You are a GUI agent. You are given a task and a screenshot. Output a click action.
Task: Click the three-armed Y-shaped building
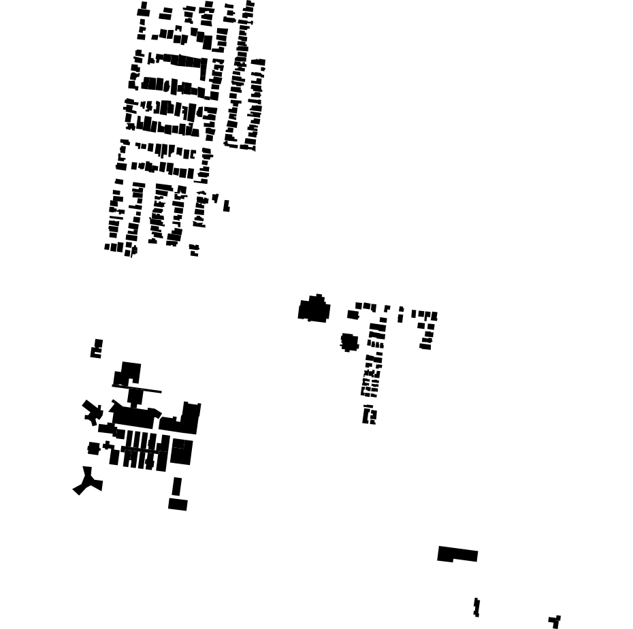pos(88,481)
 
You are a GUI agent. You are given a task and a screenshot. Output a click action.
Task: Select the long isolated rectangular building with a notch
pos(457,554)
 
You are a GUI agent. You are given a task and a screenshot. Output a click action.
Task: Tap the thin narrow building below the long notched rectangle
pos(476,607)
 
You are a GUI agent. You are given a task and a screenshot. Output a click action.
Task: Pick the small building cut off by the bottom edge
pos(555,621)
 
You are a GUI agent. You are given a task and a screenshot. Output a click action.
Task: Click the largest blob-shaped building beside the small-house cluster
pos(314,309)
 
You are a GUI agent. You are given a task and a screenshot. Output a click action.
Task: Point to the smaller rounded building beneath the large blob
pos(349,341)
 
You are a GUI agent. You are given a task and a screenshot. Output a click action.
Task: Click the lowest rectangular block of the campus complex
pos(178,504)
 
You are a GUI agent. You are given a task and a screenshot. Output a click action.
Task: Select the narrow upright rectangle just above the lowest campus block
pos(177,486)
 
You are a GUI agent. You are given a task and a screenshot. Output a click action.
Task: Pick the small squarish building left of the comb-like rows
pos(93,448)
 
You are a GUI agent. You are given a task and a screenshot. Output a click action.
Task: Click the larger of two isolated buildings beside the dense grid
pos(226,206)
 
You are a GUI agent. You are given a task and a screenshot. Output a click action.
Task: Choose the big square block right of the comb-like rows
pos(182,452)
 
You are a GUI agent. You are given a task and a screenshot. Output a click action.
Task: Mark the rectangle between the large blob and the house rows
pos(353,314)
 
